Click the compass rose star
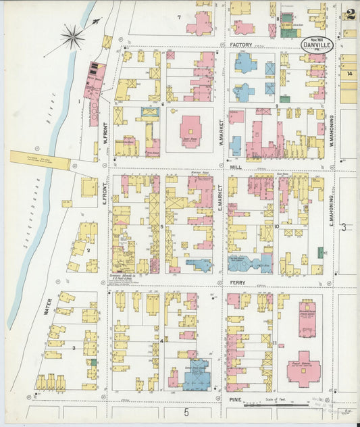[72, 37]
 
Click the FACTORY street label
[240, 45]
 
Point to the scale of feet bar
[274, 405]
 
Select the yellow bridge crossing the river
[39, 160]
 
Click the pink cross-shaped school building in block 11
[303, 369]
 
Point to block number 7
[179, 17]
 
